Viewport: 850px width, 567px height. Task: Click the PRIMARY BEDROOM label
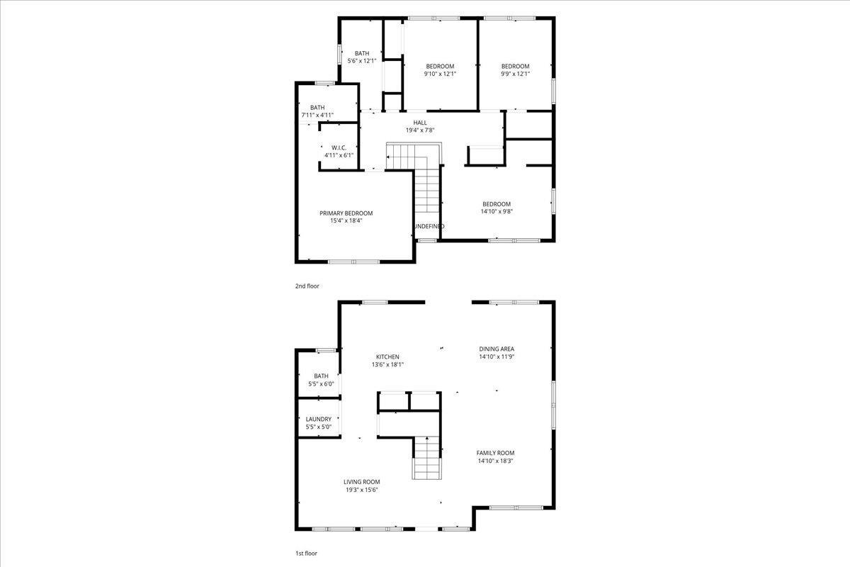coord(346,213)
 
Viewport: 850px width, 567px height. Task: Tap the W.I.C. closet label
coord(339,147)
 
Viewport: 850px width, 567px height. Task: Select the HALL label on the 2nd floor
coord(420,123)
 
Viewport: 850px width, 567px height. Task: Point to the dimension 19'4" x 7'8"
coord(420,130)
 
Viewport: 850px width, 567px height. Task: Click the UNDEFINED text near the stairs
coord(429,226)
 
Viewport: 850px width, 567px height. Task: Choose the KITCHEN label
coord(387,357)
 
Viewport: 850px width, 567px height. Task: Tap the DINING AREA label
coord(497,349)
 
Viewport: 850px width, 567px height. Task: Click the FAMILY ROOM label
coord(496,453)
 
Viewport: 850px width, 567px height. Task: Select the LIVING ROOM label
coord(362,482)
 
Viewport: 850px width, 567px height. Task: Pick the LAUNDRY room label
coord(319,420)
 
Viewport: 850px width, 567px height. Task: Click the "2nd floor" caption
coord(307,286)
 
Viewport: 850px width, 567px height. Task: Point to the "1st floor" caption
coord(306,554)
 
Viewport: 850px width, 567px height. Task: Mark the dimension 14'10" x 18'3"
coord(496,461)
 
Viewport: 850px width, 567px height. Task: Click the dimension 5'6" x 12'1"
coord(362,61)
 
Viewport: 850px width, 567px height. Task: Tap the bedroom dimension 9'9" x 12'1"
coord(516,74)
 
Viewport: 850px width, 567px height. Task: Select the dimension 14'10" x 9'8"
coord(497,212)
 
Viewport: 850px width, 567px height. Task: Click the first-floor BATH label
coord(321,376)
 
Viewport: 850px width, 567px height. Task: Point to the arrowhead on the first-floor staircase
coord(427,438)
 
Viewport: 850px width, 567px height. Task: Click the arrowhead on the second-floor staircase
coord(388,157)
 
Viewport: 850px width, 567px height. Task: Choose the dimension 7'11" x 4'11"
coord(317,115)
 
